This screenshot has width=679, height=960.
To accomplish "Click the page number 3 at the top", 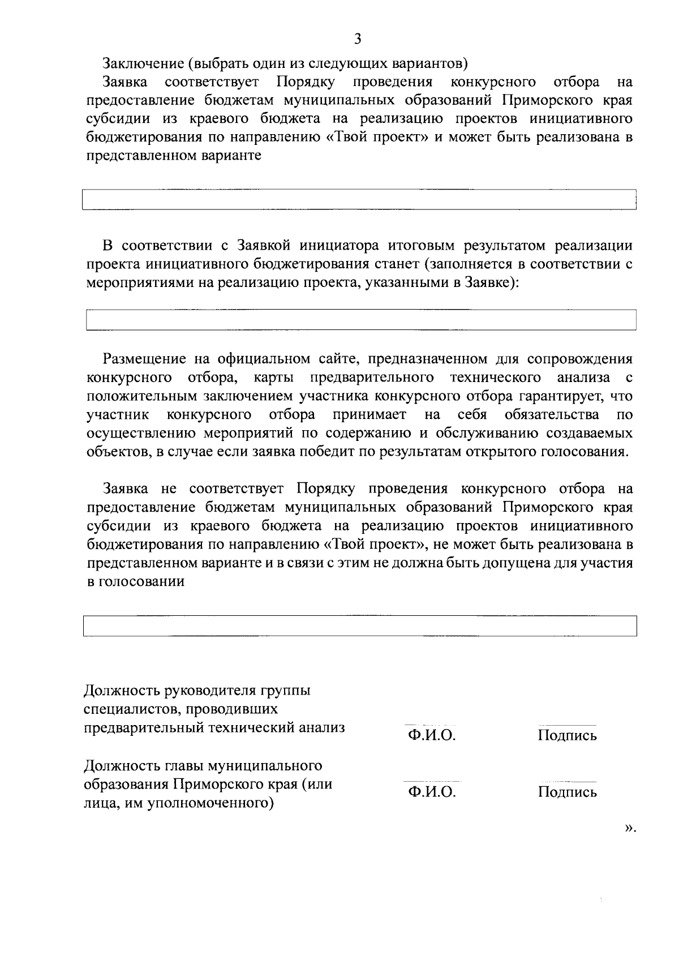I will (357, 38).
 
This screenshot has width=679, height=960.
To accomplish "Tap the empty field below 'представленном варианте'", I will (359, 200).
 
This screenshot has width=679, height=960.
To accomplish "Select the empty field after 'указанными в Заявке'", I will (360, 320).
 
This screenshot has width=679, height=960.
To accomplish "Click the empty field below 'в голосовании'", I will (359, 626).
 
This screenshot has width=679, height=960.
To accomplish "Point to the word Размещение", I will (144, 359).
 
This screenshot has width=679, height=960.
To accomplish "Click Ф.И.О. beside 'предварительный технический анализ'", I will (432, 735).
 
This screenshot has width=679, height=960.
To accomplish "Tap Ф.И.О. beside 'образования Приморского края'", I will (432, 791).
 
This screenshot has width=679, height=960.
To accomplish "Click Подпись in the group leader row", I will (567, 735).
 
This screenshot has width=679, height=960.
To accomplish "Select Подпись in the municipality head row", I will (567, 791).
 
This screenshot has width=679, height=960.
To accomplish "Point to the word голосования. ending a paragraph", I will (585, 452).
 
